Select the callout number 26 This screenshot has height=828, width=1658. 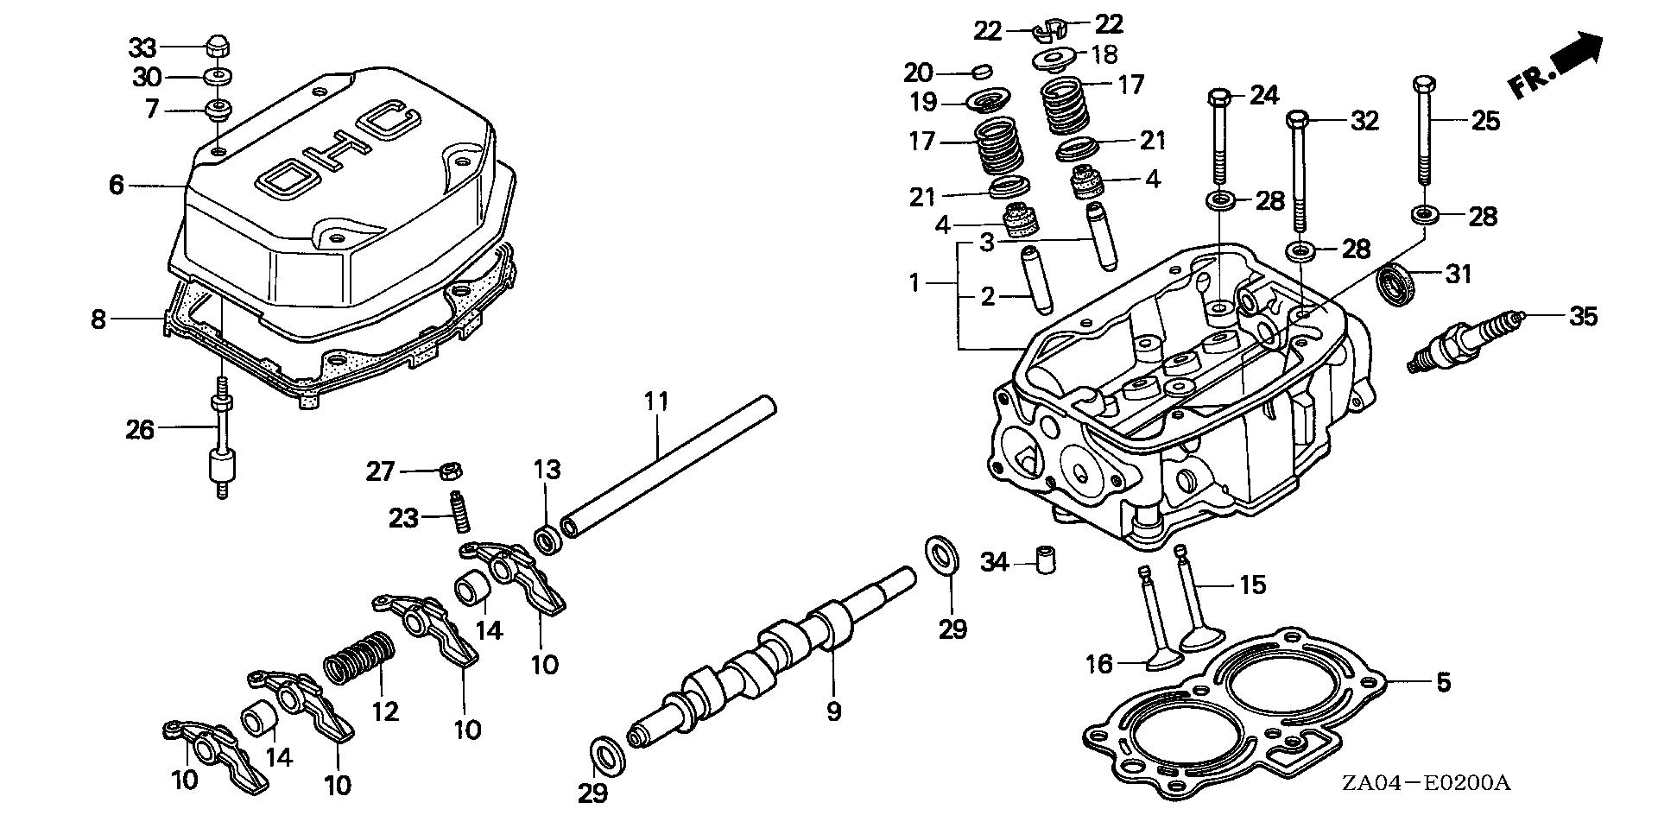pos(140,429)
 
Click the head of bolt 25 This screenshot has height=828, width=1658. pos(1425,85)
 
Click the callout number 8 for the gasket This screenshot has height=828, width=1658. pos(98,319)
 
